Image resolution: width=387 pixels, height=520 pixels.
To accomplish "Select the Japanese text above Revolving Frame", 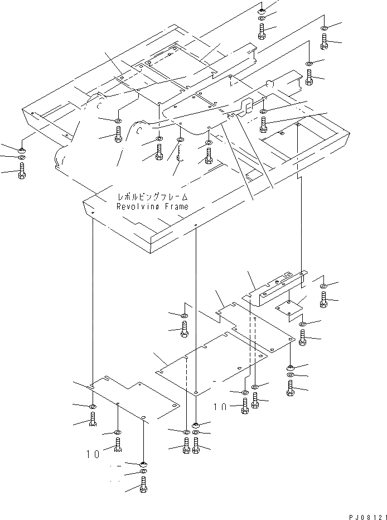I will click(152, 197).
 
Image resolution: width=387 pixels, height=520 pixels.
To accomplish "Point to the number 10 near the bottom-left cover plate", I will click(93, 454).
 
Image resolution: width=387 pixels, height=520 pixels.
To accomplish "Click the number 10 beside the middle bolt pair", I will click(221, 407).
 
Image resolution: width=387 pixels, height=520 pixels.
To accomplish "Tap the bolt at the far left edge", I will click(21, 172).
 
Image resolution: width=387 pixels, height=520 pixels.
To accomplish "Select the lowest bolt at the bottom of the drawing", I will click(143, 487).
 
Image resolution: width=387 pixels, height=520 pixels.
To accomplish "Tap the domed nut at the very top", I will click(263, 9).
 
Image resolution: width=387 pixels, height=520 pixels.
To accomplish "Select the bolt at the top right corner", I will click(325, 40).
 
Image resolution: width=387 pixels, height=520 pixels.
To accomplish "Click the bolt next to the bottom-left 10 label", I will click(118, 444).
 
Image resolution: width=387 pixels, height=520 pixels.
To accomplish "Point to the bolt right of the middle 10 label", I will click(245, 407).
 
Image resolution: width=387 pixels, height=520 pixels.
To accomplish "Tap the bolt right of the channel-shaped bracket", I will click(325, 299).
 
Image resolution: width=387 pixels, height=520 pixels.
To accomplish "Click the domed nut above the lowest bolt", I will click(143, 464).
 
